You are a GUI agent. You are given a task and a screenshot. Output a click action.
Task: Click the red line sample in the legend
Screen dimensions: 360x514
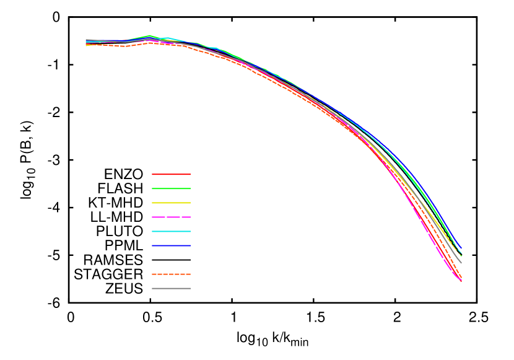171,174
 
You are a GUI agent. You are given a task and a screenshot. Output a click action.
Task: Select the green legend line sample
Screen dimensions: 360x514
171,188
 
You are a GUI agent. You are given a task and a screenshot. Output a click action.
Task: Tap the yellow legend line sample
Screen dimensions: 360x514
171,203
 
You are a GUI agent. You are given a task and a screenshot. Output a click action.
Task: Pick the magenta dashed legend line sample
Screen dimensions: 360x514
171,217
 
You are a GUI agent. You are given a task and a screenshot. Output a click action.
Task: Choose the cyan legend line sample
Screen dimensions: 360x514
171,231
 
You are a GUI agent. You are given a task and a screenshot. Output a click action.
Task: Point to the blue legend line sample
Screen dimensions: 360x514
171,245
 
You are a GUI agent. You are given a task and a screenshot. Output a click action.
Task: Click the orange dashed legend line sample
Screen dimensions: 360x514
171,274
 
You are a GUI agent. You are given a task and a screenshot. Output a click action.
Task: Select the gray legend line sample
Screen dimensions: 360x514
171,288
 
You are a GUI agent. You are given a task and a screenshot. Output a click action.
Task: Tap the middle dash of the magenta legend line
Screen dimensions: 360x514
171,217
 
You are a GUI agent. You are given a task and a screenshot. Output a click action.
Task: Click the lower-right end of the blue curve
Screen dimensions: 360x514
461,248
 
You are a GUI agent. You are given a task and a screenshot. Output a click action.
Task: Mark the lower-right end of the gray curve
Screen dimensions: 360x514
461,263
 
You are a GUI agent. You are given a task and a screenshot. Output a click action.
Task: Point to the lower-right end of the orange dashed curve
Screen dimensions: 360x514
461,276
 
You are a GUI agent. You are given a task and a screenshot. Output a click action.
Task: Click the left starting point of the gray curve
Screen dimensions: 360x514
86,40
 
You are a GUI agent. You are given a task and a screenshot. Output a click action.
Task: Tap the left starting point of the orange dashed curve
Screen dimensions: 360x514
86,45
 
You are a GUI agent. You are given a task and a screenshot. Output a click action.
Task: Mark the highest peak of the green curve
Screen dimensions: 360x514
149,35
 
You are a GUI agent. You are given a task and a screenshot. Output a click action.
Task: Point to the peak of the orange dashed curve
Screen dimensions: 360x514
150,43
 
